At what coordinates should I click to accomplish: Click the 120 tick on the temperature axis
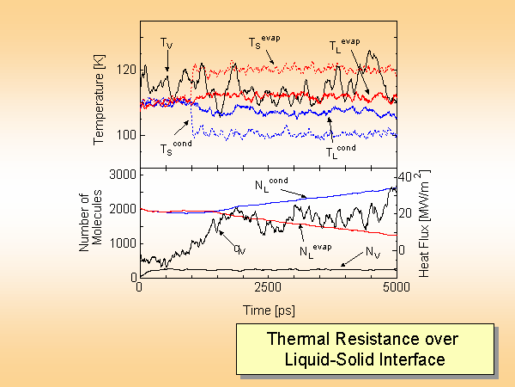point(126,68)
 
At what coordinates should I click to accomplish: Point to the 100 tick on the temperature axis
point(126,135)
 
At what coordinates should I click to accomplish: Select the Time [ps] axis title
point(267,308)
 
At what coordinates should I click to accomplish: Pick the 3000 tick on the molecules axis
point(121,175)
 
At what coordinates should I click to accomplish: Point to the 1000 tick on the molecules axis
point(121,243)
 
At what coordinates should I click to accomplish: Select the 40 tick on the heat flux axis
point(410,175)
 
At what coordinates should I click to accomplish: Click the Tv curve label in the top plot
point(166,41)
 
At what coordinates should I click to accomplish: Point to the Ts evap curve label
point(261,41)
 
